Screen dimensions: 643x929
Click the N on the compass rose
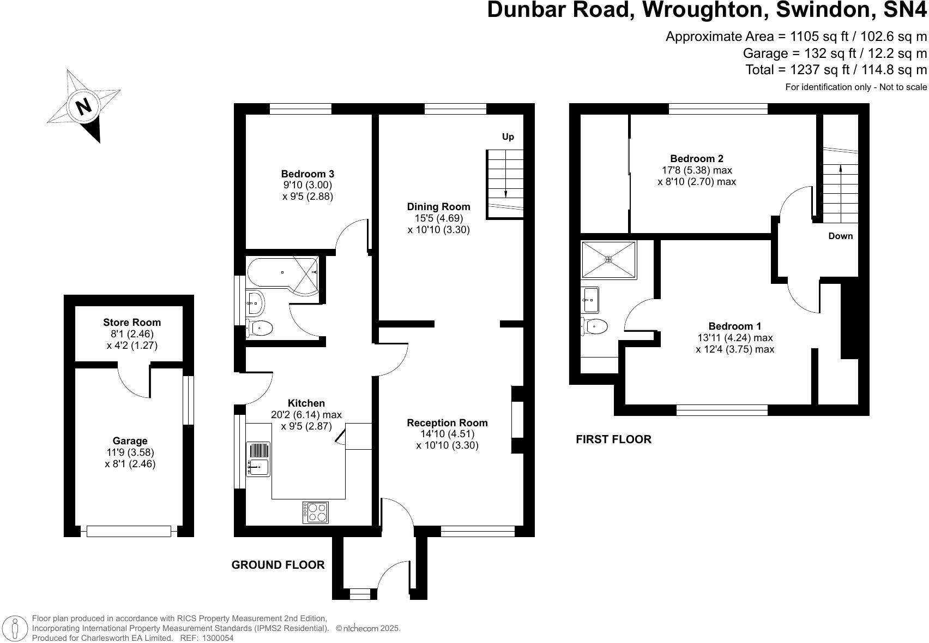point(83,106)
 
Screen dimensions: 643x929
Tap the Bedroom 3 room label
point(307,174)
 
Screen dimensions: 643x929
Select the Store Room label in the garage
point(132,323)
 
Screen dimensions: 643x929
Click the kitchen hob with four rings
point(316,512)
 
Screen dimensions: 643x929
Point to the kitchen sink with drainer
point(258,459)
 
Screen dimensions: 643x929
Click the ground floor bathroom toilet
point(260,329)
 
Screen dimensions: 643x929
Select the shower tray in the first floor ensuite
point(608,260)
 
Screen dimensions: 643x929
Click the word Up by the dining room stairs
point(508,136)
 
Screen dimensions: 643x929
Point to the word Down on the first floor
point(840,236)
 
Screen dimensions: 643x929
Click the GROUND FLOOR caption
point(278,565)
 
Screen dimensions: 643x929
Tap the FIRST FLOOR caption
point(613,439)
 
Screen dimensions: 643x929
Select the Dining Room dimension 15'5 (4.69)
point(438,218)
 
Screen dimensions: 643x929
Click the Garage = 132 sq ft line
point(834,53)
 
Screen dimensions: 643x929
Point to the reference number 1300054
point(218,638)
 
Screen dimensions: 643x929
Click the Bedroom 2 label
point(696,159)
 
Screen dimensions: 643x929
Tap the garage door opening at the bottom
point(129,531)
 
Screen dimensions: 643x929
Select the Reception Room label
point(447,423)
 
